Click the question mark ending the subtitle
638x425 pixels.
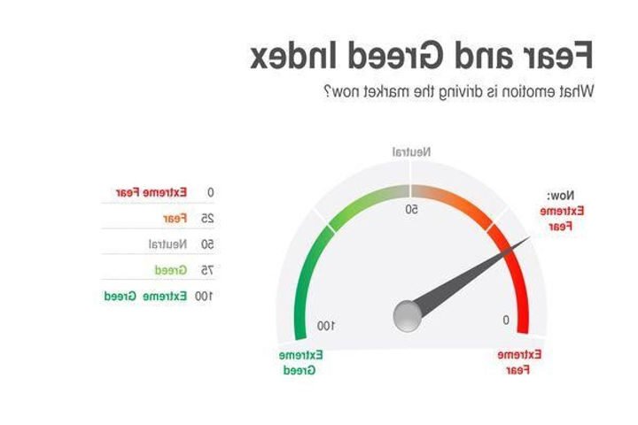[x=330, y=91]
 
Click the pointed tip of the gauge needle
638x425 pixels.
[x=531, y=236]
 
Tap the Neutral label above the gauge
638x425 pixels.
[x=412, y=152]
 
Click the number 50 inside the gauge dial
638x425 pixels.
[x=412, y=210]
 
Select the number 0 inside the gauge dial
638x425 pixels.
[x=506, y=320]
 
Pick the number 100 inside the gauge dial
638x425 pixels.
[x=326, y=326]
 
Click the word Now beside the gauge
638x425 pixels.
[x=560, y=195]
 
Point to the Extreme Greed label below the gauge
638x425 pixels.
[x=301, y=362]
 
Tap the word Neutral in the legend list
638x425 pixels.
[x=166, y=243]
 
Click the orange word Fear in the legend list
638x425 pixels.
[x=174, y=218]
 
